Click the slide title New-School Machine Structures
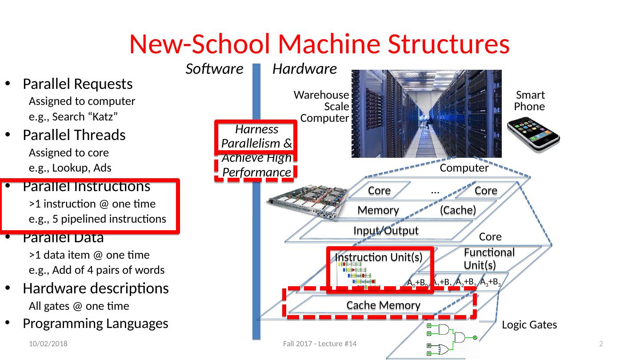pos(319,44)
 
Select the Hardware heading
pos(304,69)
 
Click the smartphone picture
pos(533,134)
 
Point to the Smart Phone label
pos(530,101)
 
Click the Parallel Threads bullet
pos(74,135)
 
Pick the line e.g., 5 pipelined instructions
pos(97,219)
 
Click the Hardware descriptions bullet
pos(95,288)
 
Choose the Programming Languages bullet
pos(95,324)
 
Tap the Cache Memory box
pos(383,305)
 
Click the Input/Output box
pos(385,230)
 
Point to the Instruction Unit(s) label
pos(378,257)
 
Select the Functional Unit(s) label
pos(489,259)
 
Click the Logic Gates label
pos(529,325)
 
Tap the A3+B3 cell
pos(490,282)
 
